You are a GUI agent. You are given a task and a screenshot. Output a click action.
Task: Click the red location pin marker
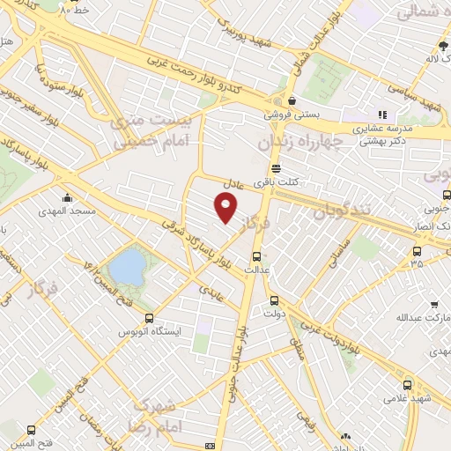click(x=226, y=209)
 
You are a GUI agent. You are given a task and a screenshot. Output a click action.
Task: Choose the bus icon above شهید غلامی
click(x=407, y=385)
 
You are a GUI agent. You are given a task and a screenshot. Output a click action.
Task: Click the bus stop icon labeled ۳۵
click(x=417, y=250)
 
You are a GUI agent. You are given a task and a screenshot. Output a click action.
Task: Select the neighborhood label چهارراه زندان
click(x=299, y=142)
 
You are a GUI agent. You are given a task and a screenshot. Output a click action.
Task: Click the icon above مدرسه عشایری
click(x=382, y=115)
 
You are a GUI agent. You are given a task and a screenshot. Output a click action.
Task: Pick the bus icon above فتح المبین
click(x=32, y=431)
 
